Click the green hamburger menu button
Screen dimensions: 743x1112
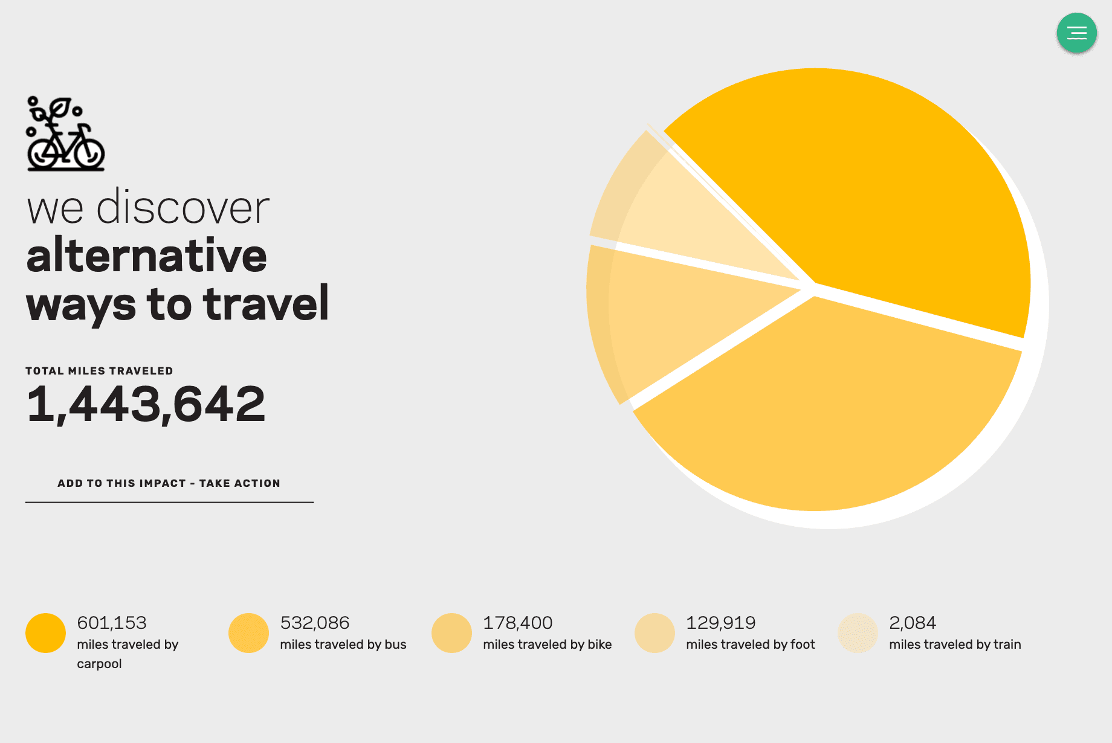[x=1076, y=33]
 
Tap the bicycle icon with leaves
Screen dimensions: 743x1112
[x=65, y=134]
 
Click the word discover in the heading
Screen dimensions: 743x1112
[x=183, y=208]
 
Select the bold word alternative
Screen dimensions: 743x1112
[x=146, y=256]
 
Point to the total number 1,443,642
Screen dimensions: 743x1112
[x=146, y=404]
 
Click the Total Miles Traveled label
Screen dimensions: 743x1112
[x=99, y=371]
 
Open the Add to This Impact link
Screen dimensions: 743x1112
[x=169, y=483]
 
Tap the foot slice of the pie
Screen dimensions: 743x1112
[x=683, y=217]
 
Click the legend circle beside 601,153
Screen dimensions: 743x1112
[x=45, y=633]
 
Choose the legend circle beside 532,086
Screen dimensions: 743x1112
[x=248, y=633]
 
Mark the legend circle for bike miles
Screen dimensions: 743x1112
[x=451, y=633]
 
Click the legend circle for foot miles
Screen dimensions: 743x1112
[x=655, y=633]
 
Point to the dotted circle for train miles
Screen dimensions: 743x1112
[x=858, y=633]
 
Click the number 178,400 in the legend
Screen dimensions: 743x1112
[x=517, y=623]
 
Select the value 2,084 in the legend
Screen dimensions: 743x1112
[x=912, y=623]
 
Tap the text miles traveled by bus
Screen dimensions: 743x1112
[x=343, y=645]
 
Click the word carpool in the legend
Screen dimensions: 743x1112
[x=99, y=664]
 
